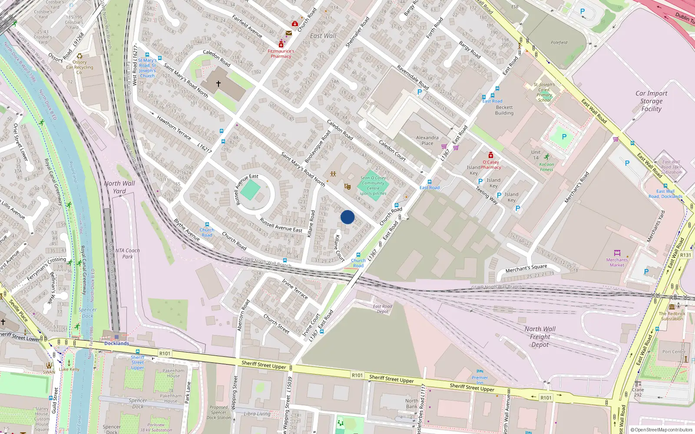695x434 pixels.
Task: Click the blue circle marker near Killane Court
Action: point(347,217)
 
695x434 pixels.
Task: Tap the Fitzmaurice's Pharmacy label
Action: point(281,53)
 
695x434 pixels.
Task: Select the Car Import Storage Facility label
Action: point(651,101)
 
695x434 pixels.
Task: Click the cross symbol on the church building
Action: point(218,83)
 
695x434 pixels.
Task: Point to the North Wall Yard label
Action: point(119,187)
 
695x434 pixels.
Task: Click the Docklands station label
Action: point(116,343)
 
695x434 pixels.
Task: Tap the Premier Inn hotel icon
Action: point(480,372)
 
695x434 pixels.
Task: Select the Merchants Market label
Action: point(617,263)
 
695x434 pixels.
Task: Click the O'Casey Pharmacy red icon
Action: point(491,155)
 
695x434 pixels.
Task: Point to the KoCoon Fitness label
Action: point(546,167)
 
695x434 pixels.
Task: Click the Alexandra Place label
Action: point(427,140)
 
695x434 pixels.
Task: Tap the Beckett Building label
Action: point(504,110)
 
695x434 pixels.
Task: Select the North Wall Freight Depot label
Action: point(540,337)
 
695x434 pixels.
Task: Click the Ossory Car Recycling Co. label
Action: point(79,67)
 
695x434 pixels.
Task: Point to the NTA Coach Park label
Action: point(127,253)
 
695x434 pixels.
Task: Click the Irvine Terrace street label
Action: point(295,289)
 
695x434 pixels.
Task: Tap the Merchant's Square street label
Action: point(526,269)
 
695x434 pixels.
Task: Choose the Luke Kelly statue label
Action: point(69,369)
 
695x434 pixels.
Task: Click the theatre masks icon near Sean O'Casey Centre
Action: point(347,187)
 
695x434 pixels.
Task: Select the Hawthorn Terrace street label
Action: point(174,128)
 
